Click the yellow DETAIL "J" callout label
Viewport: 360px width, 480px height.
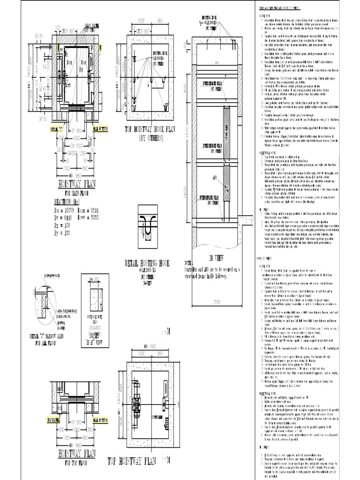click(56, 127)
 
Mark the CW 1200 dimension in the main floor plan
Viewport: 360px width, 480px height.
click(76, 145)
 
